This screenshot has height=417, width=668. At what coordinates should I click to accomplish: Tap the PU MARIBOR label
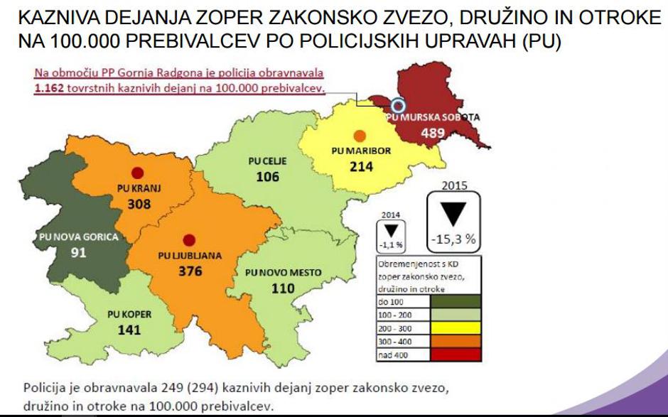pyautogui.click(x=361, y=151)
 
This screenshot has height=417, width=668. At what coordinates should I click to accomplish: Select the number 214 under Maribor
pyautogui.click(x=361, y=167)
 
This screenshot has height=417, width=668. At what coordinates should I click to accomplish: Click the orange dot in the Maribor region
pyautogui.click(x=360, y=136)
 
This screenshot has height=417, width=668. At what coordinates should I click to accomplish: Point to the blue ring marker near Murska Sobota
pyautogui.click(x=399, y=106)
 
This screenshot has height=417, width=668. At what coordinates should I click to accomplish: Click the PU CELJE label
pyautogui.click(x=267, y=161)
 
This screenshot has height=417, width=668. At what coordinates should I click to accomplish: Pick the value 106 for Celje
pyautogui.click(x=267, y=177)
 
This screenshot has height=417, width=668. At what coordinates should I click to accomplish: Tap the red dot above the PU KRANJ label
pyautogui.click(x=138, y=172)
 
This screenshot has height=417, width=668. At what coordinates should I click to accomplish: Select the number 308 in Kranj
pyautogui.click(x=140, y=204)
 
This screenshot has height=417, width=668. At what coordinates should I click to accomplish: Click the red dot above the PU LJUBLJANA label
pyautogui.click(x=188, y=240)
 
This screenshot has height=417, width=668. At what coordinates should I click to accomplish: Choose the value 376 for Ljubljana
pyautogui.click(x=190, y=271)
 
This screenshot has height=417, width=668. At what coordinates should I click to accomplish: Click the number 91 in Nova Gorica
pyautogui.click(x=78, y=253)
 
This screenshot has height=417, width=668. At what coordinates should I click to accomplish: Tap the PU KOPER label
pyautogui.click(x=129, y=314)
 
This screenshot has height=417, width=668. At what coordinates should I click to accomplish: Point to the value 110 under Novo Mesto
pyautogui.click(x=283, y=288)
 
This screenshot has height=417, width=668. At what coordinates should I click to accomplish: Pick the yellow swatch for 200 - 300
pyautogui.click(x=456, y=327)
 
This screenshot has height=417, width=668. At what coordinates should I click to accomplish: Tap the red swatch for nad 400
pyautogui.click(x=456, y=354)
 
